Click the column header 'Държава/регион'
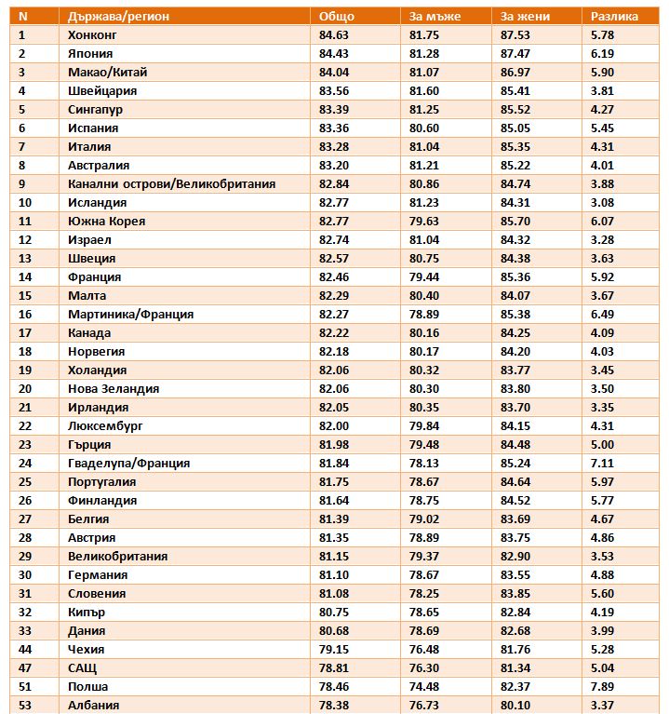(x=118, y=17)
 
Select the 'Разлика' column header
(x=614, y=17)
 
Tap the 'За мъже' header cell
(x=435, y=17)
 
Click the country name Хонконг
(x=92, y=35)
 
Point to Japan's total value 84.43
(x=334, y=54)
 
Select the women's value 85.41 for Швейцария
(x=515, y=91)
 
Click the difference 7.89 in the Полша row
(x=602, y=687)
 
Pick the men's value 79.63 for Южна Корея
(x=423, y=222)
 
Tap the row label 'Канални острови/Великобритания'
(x=171, y=184)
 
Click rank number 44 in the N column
(x=24, y=650)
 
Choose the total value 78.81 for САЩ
(x=334, y=668)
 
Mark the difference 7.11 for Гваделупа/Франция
(x=602, y=463)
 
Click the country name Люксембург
(x=105, y=426)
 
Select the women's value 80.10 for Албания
(x=515, y=706)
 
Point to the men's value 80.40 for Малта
(x=423, y=295)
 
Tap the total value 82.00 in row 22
(x=334, y=426)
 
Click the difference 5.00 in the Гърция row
(x=602, y=444)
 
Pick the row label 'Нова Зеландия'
(x=114, y=389)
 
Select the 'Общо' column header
(x=336, y=17)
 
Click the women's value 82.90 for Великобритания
(x=515, y=557)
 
